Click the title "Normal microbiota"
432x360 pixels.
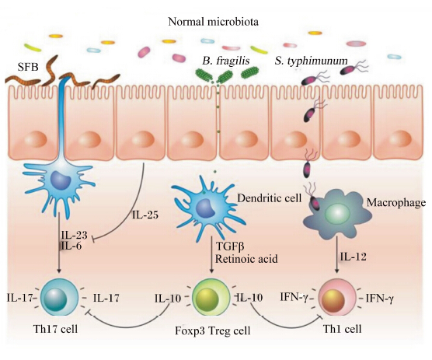click(213, 22)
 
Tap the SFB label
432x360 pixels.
click(28, 67)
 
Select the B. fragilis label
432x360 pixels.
click(226, 61)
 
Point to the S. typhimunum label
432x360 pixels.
click(311, 61)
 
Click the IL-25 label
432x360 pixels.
click(145, 215)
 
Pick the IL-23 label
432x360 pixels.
click(74, 235)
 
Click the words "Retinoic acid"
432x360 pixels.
click(246, 259)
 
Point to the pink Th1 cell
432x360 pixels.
click(337, 298)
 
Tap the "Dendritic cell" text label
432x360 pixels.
click(269, 198)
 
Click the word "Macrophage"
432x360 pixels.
click(396, 203)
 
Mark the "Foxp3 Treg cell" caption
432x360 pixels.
click(213, 330)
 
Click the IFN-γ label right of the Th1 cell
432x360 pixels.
click(379, 299)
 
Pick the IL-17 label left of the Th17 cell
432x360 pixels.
click(19, 298)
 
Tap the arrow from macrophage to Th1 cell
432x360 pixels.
click(336, 255)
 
